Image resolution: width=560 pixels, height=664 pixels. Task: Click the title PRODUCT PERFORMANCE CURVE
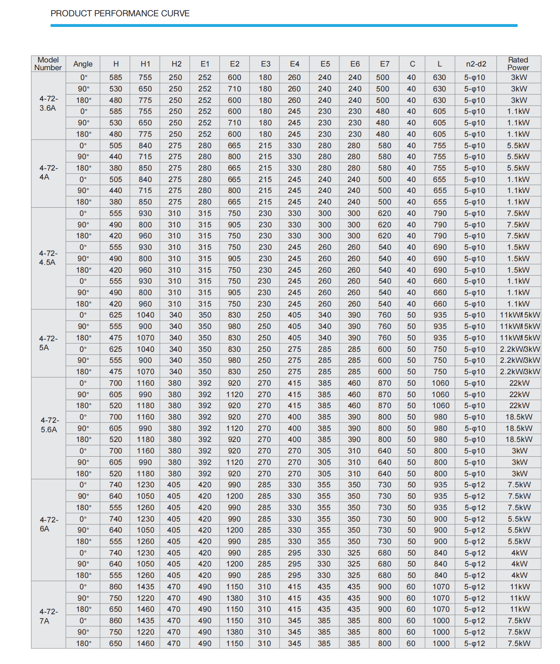pyautogui.click(x=120, y=13)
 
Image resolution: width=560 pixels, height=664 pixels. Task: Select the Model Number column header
pyautogui.click(x=48, y=64)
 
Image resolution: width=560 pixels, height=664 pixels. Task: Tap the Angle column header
pyautogui.click(x=83, y=64)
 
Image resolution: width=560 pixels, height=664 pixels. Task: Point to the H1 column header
pyautogui.click(x=145, y=64)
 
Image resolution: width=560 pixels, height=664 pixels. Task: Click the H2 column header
pyautogui.click(x=176, y=64)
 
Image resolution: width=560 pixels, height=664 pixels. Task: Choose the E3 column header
pyautogui.click(x=266, y=64)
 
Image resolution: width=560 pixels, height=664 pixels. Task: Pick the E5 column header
pyautogui.click(x=325, y=64)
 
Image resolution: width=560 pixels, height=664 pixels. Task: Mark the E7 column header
pyautogui.click(x=385, y=64)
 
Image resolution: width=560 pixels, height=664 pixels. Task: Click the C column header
pyautogui.click(x=412, y=64)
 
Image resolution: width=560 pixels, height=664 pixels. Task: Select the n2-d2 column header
pyautogui.click(x=476, y=64)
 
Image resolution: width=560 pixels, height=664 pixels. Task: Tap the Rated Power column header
pyautogui.click(x=518, y=64)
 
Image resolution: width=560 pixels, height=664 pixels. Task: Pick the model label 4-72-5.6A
pyautogui.click(x=49, y=425)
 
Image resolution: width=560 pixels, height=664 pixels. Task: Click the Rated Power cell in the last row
pyautogui.click(x=519, y=644)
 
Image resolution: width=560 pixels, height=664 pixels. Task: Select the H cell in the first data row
pyautogui.click(x=115, y=78)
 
